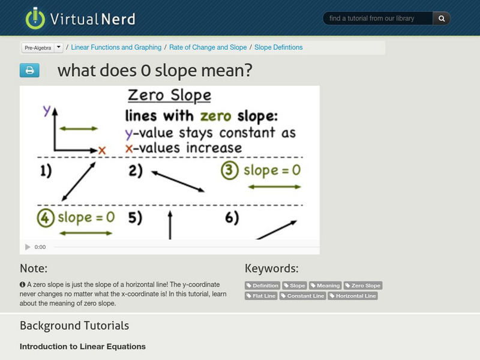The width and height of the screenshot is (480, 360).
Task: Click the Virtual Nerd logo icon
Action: (35, 19)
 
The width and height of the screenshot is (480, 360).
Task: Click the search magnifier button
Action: (442, 19)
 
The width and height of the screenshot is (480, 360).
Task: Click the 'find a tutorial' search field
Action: (378, 19)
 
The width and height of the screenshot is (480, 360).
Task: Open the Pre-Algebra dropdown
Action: (42, 47)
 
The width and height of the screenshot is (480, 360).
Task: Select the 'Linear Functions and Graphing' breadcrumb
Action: (116, 47)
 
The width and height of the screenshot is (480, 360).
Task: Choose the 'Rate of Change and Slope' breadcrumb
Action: (208, 47)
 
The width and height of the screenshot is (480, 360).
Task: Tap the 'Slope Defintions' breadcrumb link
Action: (278, 47)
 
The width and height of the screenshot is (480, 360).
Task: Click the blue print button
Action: (29, 71)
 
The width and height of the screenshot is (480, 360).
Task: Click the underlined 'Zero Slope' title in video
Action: (170, 95)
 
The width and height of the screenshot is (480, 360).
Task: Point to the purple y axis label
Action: (47, 110)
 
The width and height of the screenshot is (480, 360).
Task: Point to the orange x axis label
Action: (102, 150)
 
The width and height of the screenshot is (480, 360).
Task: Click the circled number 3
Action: (230, 170)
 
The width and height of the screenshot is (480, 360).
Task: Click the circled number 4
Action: (46, 217)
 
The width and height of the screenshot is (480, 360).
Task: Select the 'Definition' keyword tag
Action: (263, 286)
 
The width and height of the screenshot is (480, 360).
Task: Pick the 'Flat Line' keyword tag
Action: (262, 296)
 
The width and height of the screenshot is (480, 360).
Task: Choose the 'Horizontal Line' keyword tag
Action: (353, 296)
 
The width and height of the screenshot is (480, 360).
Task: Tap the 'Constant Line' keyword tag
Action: (302, 296)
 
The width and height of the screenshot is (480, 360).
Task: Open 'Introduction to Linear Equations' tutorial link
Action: (82, 346)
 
